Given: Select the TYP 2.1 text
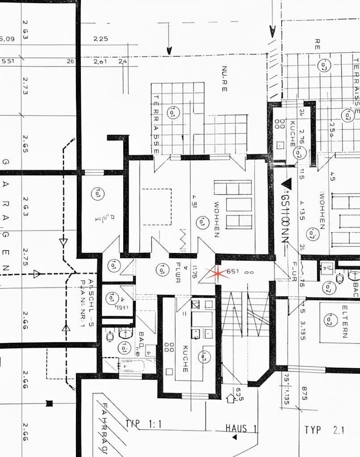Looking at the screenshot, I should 325,430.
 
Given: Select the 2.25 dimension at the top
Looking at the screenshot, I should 101,39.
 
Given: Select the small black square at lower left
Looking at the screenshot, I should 49,404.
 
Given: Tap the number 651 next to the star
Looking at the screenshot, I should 233,271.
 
